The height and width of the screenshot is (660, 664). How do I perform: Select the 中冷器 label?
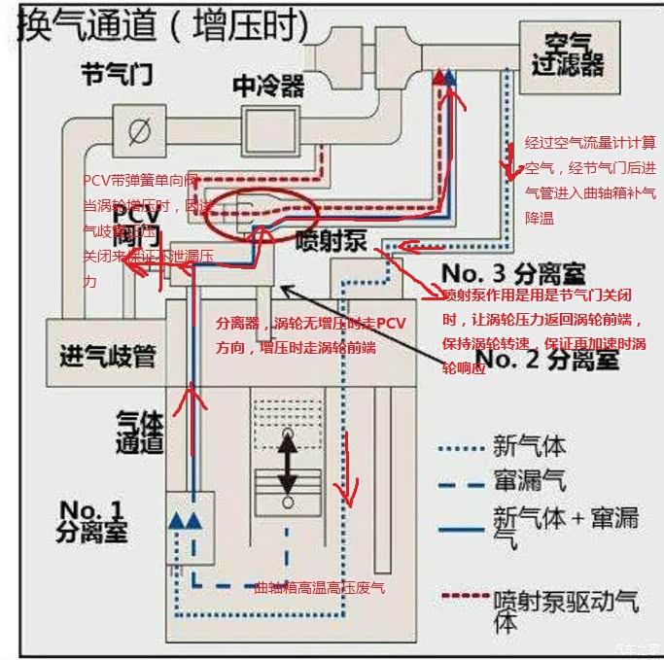[268, 86]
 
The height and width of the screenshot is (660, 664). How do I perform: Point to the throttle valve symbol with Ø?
[139, 129]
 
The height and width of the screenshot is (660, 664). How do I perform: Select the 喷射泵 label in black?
[331, 241]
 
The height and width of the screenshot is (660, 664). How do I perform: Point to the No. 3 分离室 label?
[517, 273]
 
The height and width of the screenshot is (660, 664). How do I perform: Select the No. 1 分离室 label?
[91, 520]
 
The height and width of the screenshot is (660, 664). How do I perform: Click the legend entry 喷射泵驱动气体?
[543, 608]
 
